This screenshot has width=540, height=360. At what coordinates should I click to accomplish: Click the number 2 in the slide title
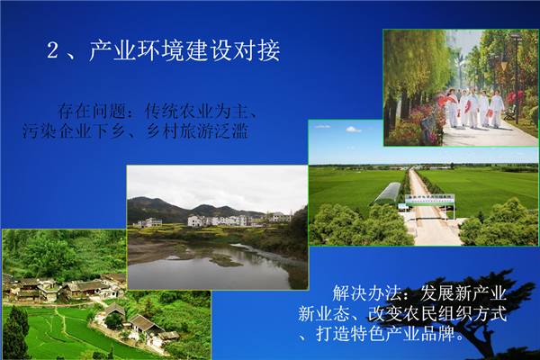[x=53, y=50]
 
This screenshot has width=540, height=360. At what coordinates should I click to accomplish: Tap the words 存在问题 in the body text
[x=92, y=111]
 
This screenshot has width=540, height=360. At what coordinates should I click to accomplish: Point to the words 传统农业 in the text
[x=179, y=111]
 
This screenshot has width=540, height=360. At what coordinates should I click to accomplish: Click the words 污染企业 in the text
[x=57, y=130]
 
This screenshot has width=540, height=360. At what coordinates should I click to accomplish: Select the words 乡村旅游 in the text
[x=179, y=130]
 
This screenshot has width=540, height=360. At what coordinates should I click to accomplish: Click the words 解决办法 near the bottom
[x=367, y=293]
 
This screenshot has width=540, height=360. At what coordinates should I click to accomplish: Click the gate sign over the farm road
[x=430, y=200]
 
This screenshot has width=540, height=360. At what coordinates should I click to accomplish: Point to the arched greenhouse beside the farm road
[x=386, y=193]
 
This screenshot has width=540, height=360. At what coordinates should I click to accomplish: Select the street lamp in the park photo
[x=516, y=76]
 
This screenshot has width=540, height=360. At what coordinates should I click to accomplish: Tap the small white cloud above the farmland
[x=354, y=130]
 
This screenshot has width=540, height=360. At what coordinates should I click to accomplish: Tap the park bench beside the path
[x=509, y=113]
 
